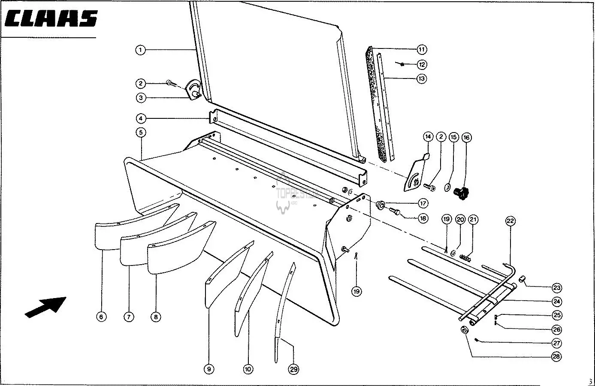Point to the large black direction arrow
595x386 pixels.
46,307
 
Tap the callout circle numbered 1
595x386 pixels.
140,50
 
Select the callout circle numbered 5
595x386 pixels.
140,132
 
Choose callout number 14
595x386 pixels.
428,137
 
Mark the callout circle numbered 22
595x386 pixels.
510,221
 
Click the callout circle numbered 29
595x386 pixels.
293,369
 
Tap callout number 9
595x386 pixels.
209,369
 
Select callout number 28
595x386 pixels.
556,356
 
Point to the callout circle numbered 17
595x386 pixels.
423,203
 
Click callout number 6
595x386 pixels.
101,317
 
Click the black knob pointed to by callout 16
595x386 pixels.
462,193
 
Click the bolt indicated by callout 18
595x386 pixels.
395,211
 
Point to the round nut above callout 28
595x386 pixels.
464,331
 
